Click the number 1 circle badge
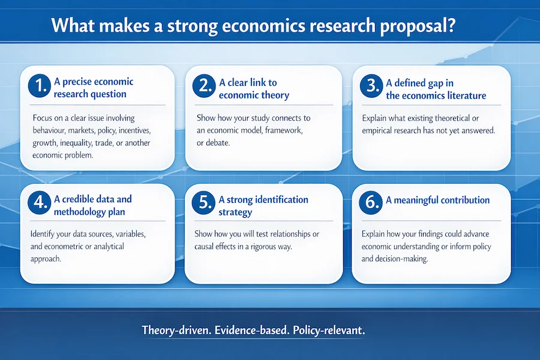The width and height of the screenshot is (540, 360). click(x=38, y=88)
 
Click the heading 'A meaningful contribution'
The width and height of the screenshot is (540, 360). click(x=437, y=200)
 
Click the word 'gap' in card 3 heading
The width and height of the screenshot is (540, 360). click(x=442, y=82)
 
